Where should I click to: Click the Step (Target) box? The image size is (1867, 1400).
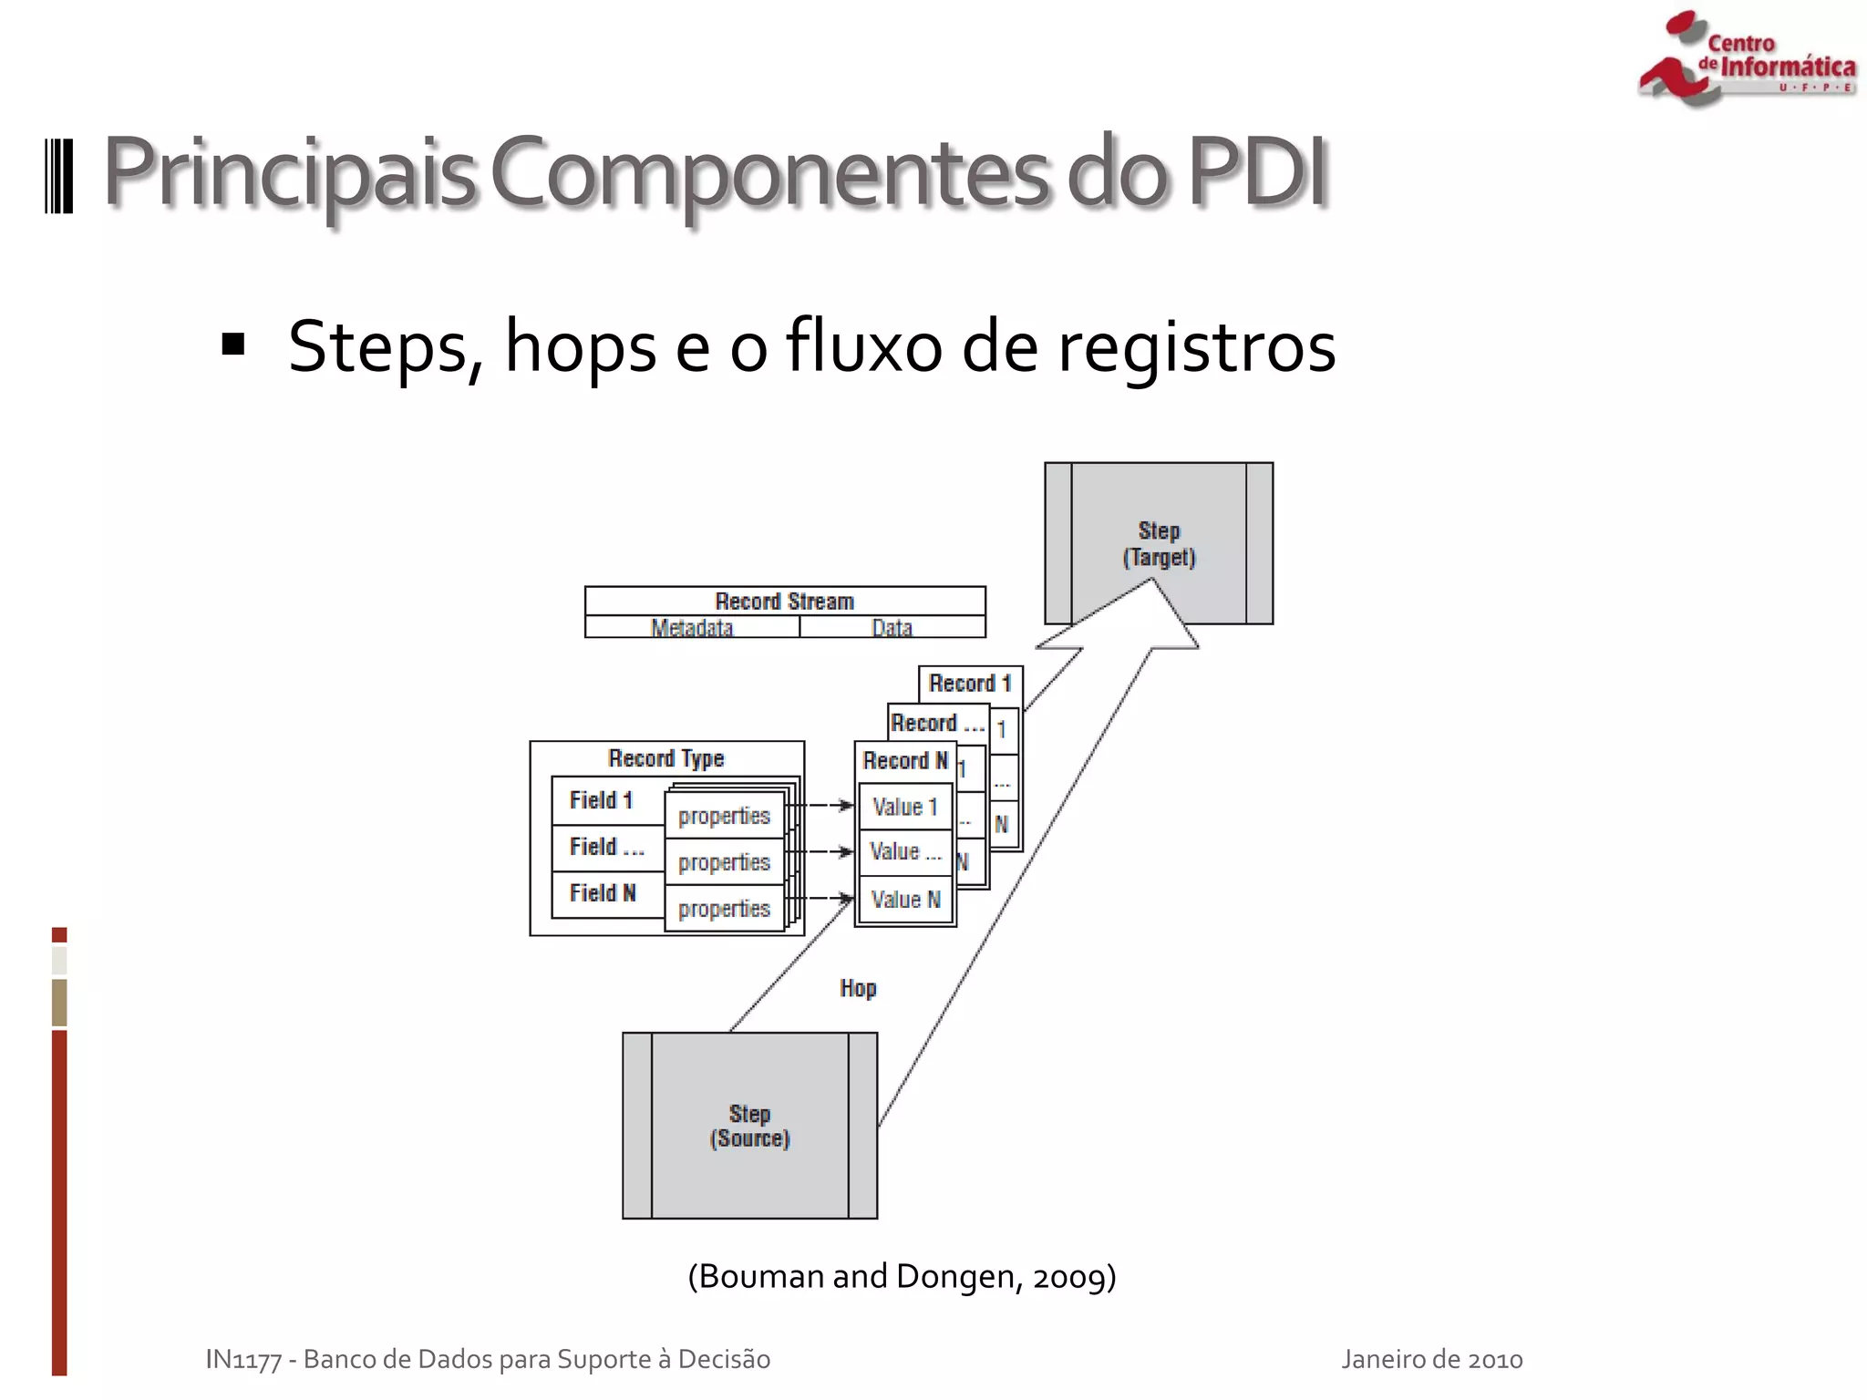point(1158,543)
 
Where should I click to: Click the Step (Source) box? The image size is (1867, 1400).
point(749,1126)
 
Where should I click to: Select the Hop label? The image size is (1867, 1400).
point(858,989)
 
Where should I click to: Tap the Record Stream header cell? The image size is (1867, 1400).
point(785,602)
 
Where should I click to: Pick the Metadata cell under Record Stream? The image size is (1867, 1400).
point(692,627)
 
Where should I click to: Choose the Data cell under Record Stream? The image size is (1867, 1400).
point(892,627)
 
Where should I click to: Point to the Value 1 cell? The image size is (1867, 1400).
point(905,807)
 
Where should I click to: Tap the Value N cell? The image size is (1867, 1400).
point(905,900)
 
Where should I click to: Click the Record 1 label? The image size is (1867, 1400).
point(970,684)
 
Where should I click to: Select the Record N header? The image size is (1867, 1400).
point(905,761)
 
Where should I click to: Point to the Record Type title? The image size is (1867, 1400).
point(666,758)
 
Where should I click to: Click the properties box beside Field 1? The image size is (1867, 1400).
point(725,816)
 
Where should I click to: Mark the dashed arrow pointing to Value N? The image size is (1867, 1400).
point(830,898)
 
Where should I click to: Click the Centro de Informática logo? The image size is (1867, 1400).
point(1746,59)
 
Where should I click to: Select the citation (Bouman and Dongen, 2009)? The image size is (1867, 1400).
point(902,1276)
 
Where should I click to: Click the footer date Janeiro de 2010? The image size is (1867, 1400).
point(1431,1359)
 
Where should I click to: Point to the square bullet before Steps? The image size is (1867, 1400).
point(233,345)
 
